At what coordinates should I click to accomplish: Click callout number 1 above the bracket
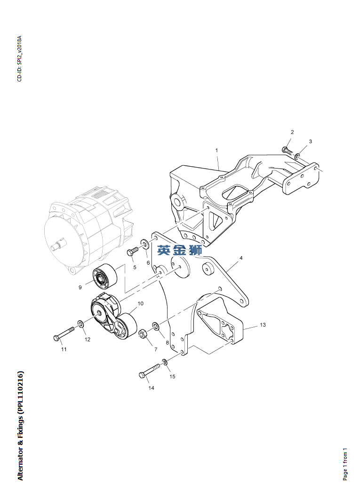click(216, 151)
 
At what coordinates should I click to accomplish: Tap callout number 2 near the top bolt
click(292, 132)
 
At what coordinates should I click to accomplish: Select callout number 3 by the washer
click(310, 141)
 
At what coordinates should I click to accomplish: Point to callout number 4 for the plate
click(240, 258)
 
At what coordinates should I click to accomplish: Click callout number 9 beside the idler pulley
click(80, 287)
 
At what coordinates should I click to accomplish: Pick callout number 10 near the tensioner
click(141, 304)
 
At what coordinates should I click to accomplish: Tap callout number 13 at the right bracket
click(263, 325)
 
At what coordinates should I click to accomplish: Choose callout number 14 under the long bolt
click(151, 388)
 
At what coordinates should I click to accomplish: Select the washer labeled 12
click(81, 324)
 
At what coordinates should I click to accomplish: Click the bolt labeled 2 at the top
click(286, 150)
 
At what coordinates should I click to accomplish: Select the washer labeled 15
click(165, 362)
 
